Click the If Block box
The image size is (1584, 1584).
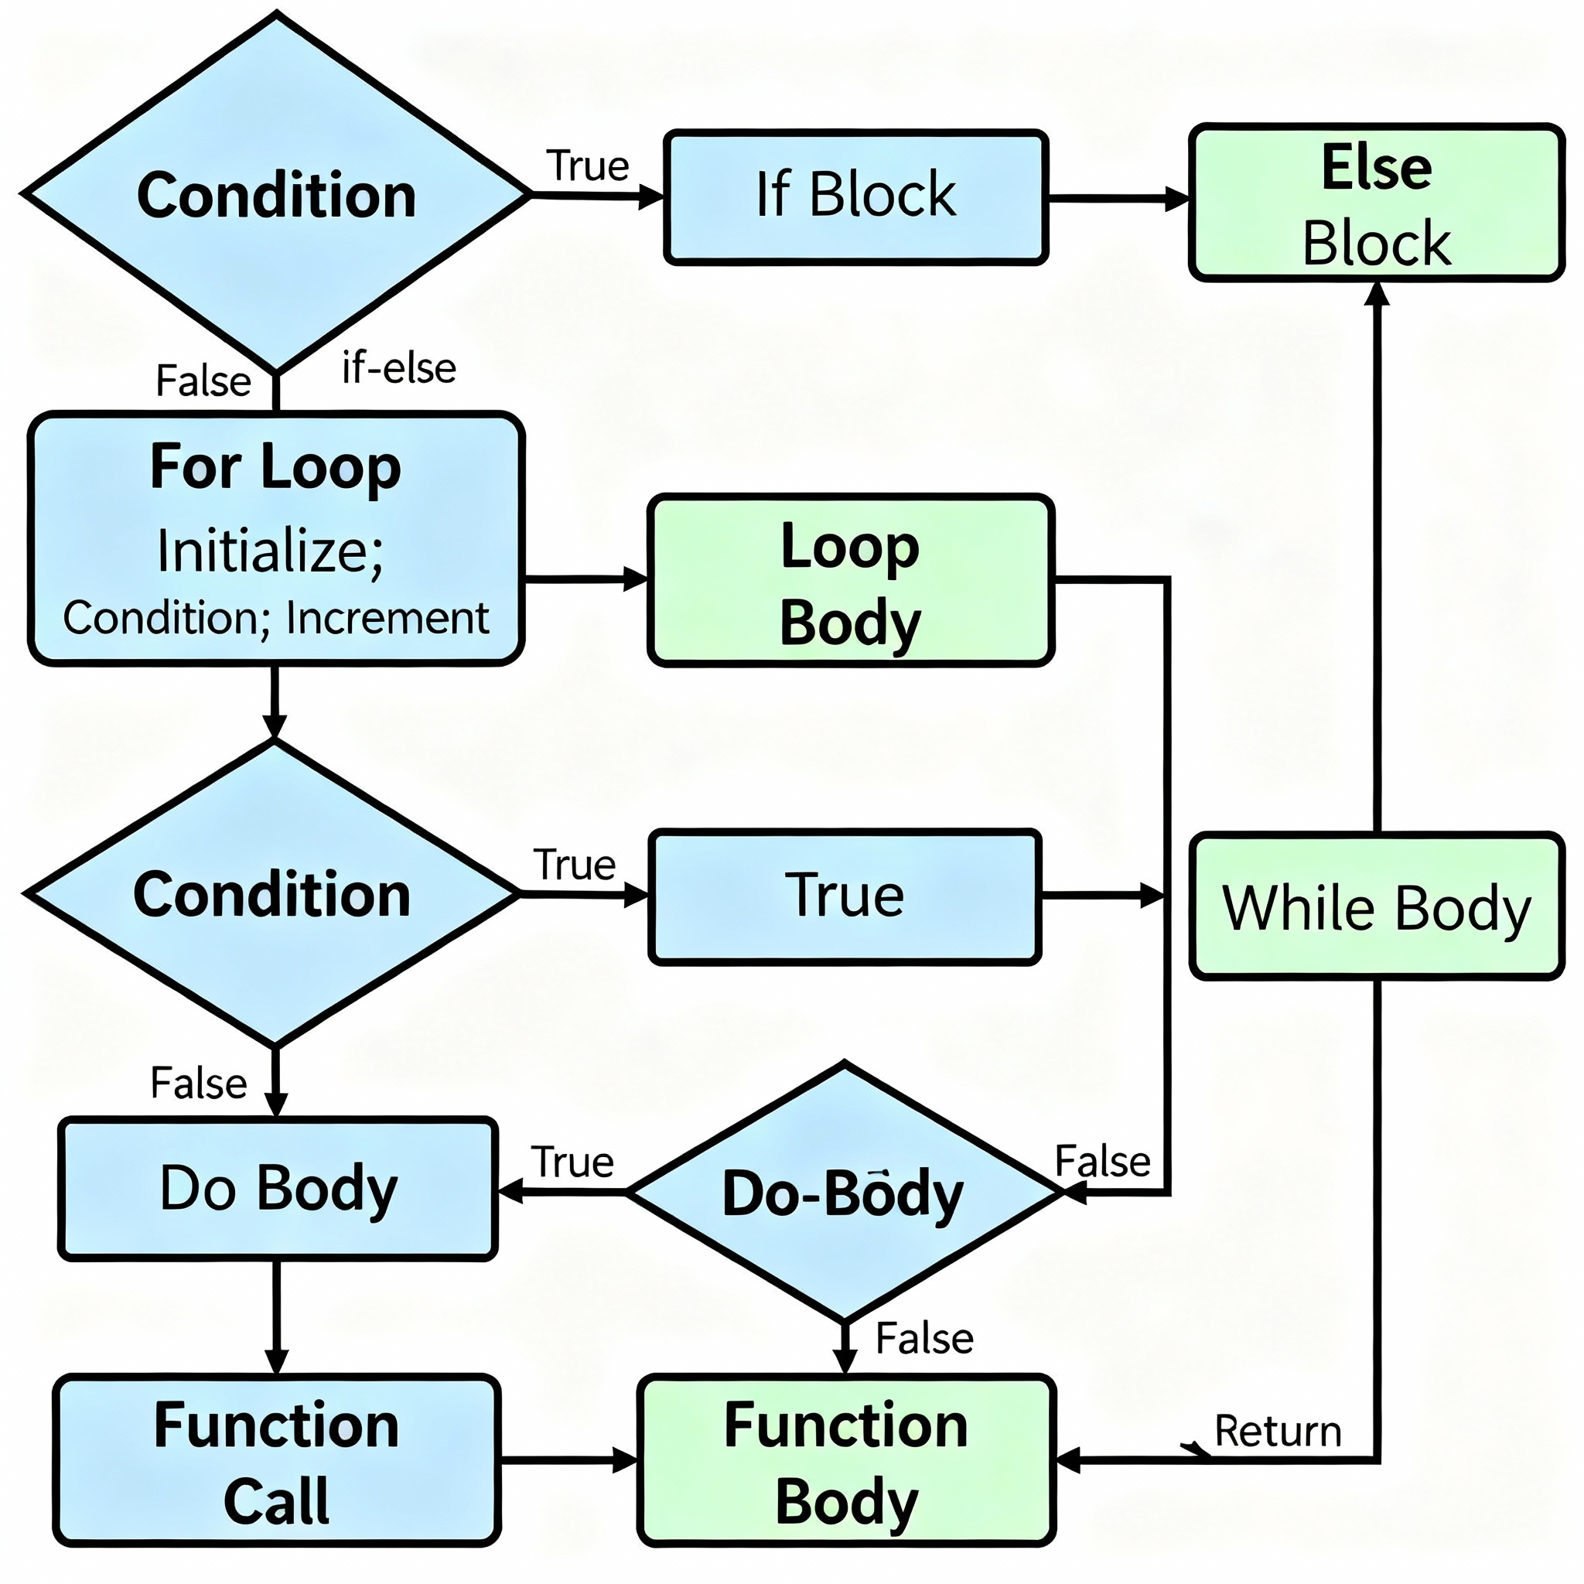coord(855,196)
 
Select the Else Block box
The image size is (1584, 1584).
coord(1376,203)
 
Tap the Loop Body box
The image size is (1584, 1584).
coord(850,581)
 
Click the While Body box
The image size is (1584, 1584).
coord(1376,906)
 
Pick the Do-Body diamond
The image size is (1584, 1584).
coord(844,1192)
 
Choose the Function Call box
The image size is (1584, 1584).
coord(276,1460)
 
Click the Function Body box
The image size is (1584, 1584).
coord(846,1460)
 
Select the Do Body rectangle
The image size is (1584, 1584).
coord(277,1188)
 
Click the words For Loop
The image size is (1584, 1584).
coord(275,467)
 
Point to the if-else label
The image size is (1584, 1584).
coord(398,368)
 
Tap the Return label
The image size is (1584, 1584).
coord(1278,1432)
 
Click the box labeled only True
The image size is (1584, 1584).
coord(845,896)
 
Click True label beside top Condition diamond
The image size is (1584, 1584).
coord(587,166)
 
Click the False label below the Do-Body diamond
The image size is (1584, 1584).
coord(924,1339)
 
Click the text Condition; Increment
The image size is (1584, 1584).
coord(276,618)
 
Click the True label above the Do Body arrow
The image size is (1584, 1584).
coord(572,1162)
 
